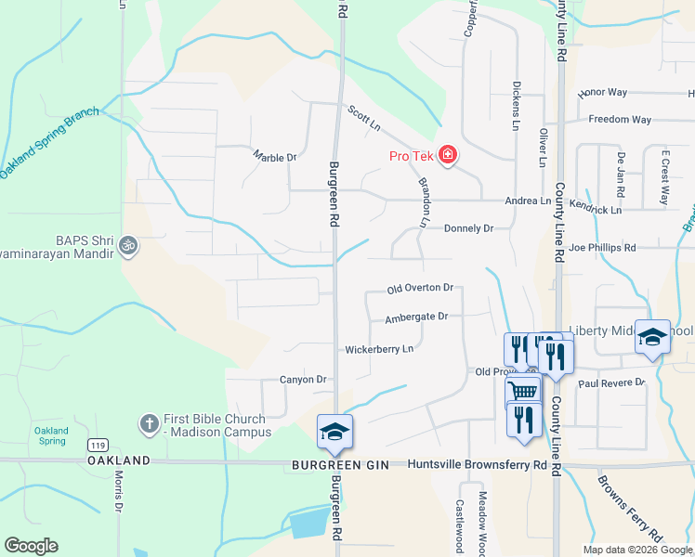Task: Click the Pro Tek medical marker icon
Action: click(x=448, y=155)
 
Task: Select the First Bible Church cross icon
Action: click(x=149, y=424)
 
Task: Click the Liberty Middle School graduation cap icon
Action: click(x=652, y=339)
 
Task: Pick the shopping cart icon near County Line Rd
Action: click(x=523, y=391)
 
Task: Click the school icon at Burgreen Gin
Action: click(x=334, y=430)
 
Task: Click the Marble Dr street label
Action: click(x=274, y=157)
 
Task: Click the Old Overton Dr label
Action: click(x=420, y=288)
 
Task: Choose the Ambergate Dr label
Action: click(x=416, y=317)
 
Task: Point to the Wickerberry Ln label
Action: click(x=378, y=350)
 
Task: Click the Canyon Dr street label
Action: click(x=305, y=380)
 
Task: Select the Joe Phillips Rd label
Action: click(x=603, y=248)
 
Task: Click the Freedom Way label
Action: click(x=620, y=120)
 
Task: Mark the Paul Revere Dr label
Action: click(x=610, y=382)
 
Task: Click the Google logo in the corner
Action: click(x=31, y=546)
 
